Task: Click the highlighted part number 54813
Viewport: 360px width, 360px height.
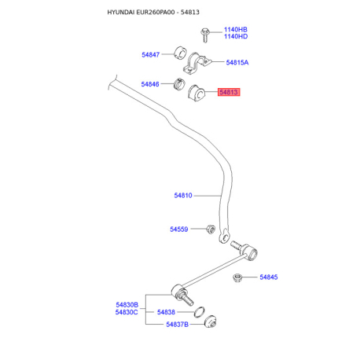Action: coord(229,92)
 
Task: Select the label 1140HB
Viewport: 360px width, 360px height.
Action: coord(235,30)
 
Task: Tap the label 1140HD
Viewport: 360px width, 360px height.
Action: coord(236,36)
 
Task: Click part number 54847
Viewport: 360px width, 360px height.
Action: coord(151,55)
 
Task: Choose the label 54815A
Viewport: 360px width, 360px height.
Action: coord(237,62)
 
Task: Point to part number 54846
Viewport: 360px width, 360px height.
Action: coord(150,84)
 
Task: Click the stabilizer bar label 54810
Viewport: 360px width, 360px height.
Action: coord(183,195)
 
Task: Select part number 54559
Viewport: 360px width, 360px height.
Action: coord(179,230)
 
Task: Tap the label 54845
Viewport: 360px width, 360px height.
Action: coord(269,277)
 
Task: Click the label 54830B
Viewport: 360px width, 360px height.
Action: coord(127,305)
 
